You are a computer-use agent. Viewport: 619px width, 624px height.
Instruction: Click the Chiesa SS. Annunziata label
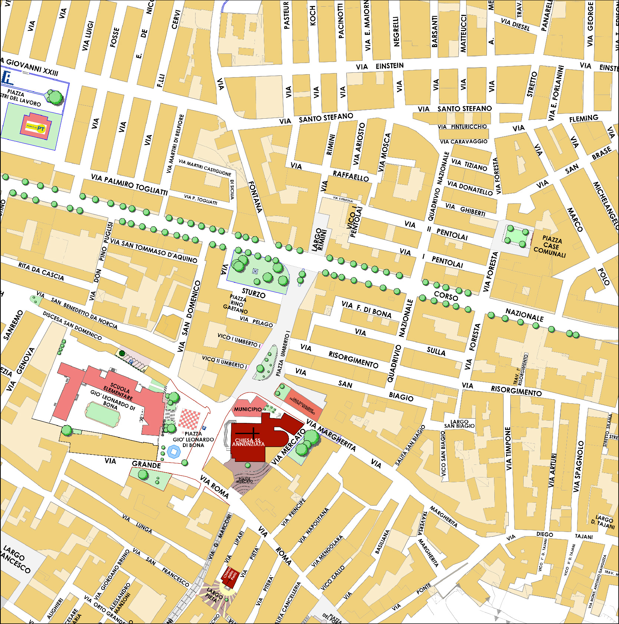point(248,442)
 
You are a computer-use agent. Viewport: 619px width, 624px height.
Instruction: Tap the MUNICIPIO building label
point(248,409)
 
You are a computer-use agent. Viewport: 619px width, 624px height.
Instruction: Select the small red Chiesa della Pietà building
point(230,576)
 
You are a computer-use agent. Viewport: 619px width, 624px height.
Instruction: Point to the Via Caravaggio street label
point(464,141)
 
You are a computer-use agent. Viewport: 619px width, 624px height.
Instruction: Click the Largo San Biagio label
point(459,424)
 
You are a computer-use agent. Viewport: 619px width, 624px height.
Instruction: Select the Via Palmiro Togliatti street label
point(129,184)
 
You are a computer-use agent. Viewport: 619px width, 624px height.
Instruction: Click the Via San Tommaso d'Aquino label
point(154,251)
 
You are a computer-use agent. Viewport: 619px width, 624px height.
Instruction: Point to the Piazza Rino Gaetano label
point(236,304)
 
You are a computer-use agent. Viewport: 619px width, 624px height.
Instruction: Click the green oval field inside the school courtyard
point(102,414)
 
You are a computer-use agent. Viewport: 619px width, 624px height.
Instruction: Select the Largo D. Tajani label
point(603,522)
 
